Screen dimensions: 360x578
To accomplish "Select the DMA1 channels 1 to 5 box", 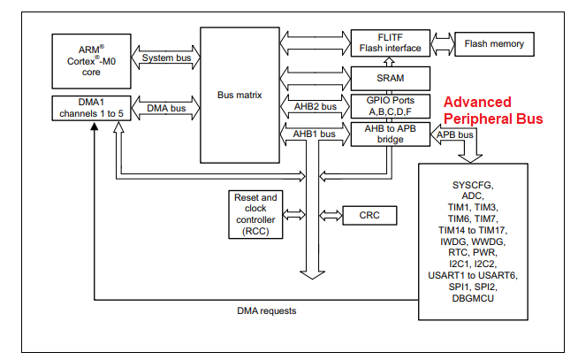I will tap(89, 108).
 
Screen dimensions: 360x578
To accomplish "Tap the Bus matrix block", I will tap(240, 93).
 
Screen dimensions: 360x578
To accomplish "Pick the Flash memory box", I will tap(493, 42).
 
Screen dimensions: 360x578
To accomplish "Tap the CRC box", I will tap(369, 214).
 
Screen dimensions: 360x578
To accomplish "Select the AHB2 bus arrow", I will tap(315, 106).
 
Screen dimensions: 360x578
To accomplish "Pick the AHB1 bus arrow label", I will tap(315, 134).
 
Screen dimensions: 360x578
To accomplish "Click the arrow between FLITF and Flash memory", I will tap(441, 42).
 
